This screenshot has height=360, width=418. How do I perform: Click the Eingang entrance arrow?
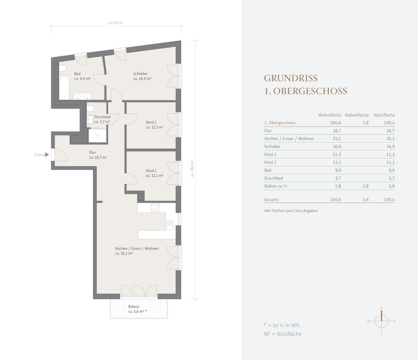point(47,155)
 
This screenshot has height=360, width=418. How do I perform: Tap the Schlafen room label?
point(140,74)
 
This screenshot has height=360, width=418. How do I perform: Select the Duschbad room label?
point(102,117)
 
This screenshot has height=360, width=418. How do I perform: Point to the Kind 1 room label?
point(151,122)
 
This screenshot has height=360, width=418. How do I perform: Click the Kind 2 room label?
point(151,171)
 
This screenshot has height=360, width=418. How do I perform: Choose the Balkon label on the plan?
point(134,307)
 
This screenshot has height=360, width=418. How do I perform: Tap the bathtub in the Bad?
point(64,87)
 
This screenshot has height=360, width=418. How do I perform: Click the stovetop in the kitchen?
point(155,208)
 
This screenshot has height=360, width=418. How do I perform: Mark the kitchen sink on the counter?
point(170,227)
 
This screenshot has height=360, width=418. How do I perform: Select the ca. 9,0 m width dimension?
point(115,23)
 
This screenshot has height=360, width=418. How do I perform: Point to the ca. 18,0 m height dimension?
point(192,169)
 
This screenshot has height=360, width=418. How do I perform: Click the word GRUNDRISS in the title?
point(290,78)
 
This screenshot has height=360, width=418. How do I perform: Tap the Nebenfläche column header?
point(357,115)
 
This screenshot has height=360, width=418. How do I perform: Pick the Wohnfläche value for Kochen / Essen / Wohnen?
point(337,139)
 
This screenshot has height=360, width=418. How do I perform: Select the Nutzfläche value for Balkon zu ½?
point(391,186)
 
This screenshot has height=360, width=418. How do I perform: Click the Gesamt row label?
point(271,199)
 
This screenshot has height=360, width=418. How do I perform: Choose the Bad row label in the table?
point(268,170)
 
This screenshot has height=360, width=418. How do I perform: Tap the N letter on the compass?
point(382,308)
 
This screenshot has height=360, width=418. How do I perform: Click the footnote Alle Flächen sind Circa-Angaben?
point(291,211)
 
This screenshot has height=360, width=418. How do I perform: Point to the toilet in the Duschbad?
point(90,108)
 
